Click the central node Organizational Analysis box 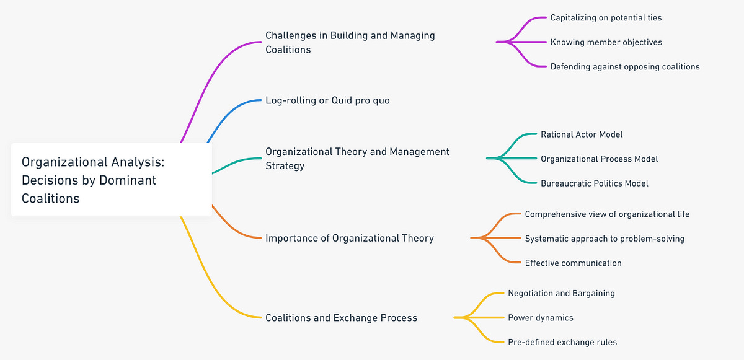point(111,180)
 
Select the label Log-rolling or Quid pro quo point(327,100)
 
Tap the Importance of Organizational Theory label point(349,238)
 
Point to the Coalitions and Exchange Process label point(341,318)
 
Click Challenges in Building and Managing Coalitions point(350,42)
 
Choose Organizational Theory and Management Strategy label point(357,158)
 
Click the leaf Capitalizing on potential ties point(606,18)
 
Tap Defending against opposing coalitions point(624,66)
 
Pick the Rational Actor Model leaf point(582,134)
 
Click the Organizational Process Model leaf point(599,159)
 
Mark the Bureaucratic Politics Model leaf point(594,183)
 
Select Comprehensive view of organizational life point(607,214)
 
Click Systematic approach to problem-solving point(604,239)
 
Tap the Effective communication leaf point(573,263)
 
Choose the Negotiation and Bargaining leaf point(561,293)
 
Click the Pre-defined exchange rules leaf point(562,342)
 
